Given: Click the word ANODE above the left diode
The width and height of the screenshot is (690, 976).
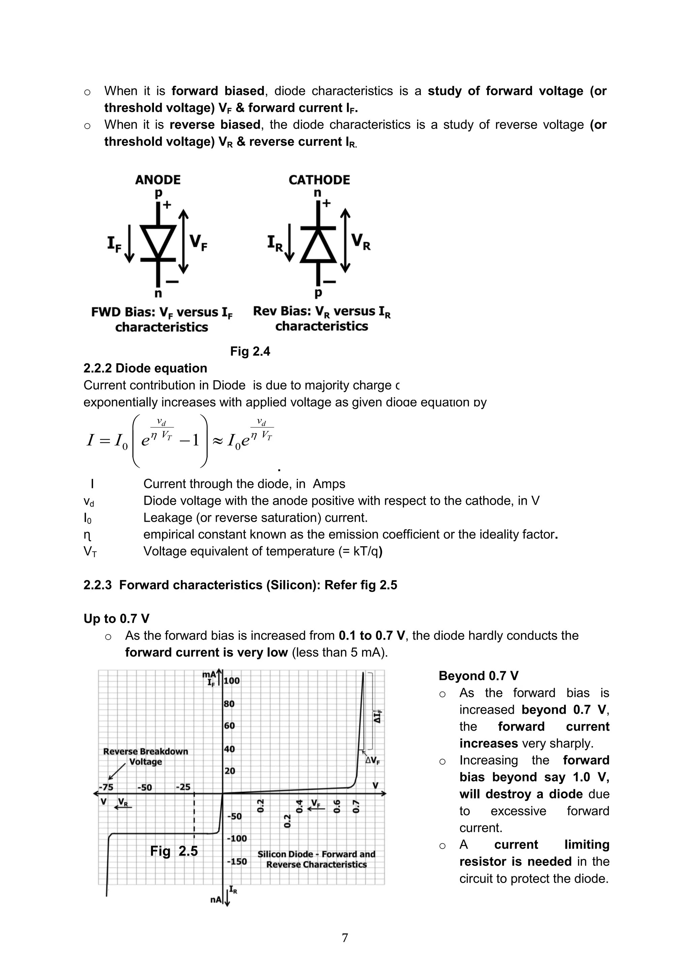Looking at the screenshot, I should tap(158, 180).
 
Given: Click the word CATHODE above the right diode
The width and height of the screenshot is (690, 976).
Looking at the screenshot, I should tap(319, 180).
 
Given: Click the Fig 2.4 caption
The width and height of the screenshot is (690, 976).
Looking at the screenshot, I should tap(250, 351).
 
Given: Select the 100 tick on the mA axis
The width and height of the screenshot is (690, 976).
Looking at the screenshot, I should tap(231, 680).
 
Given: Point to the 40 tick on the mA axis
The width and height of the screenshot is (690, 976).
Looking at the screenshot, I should tap(229, 749).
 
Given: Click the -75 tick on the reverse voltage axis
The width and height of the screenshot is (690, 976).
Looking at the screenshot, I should tap(106, 787).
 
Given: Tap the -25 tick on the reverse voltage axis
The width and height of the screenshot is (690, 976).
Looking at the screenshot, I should tap(183, 787).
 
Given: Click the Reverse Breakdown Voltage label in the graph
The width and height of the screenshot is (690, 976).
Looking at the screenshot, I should tap(145, 756).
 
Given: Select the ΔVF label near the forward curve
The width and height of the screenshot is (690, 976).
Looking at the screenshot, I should tap(373, 761).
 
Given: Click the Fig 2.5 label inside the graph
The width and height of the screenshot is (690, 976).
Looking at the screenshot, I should tap(174, 851).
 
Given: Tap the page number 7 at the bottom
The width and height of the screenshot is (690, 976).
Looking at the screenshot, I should tap(345, 937).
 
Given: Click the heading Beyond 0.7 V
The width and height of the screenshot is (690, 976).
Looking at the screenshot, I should tap(478, 676).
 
